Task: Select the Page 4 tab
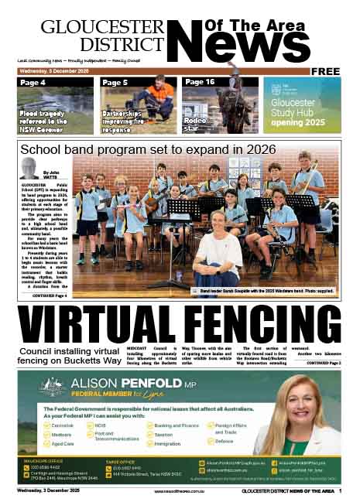(x=34, y=82)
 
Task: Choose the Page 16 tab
(x=200, y=82)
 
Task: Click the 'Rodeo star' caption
(x=194, y=122)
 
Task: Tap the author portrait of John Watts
(x=30, y=168)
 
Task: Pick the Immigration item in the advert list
(x=167, y=444)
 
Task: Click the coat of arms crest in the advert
(x=49, y=388)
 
